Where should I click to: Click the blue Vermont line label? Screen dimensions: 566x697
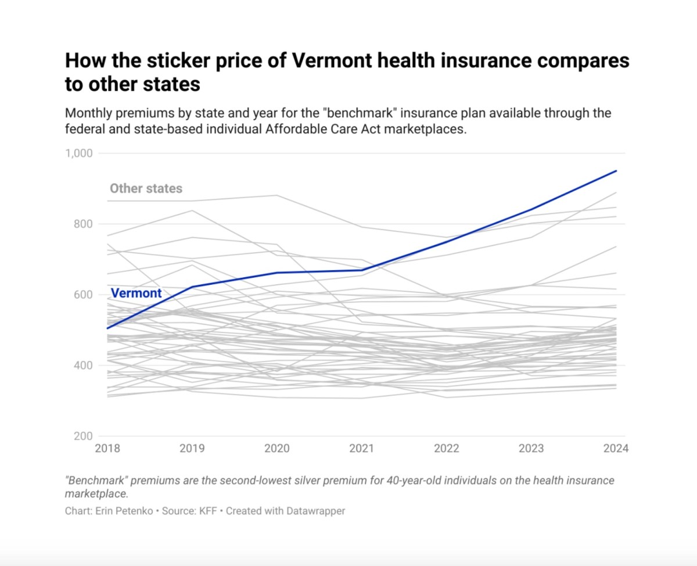136,293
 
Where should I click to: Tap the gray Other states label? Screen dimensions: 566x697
146,188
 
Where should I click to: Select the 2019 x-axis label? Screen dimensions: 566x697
192,449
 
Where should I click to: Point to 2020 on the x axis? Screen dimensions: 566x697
276,449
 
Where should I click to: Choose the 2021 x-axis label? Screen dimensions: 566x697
361,449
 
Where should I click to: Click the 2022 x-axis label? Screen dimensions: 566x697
446,449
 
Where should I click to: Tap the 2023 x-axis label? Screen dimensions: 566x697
531,449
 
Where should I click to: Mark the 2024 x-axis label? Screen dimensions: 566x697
615,449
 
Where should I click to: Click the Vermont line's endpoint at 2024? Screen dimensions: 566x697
616,171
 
